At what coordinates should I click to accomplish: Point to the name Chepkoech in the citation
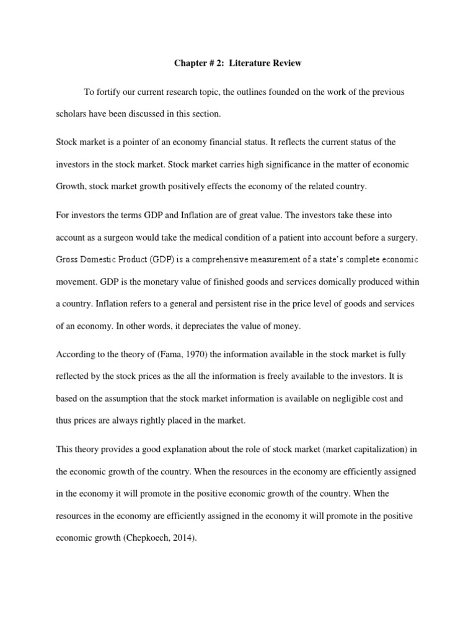147,538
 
